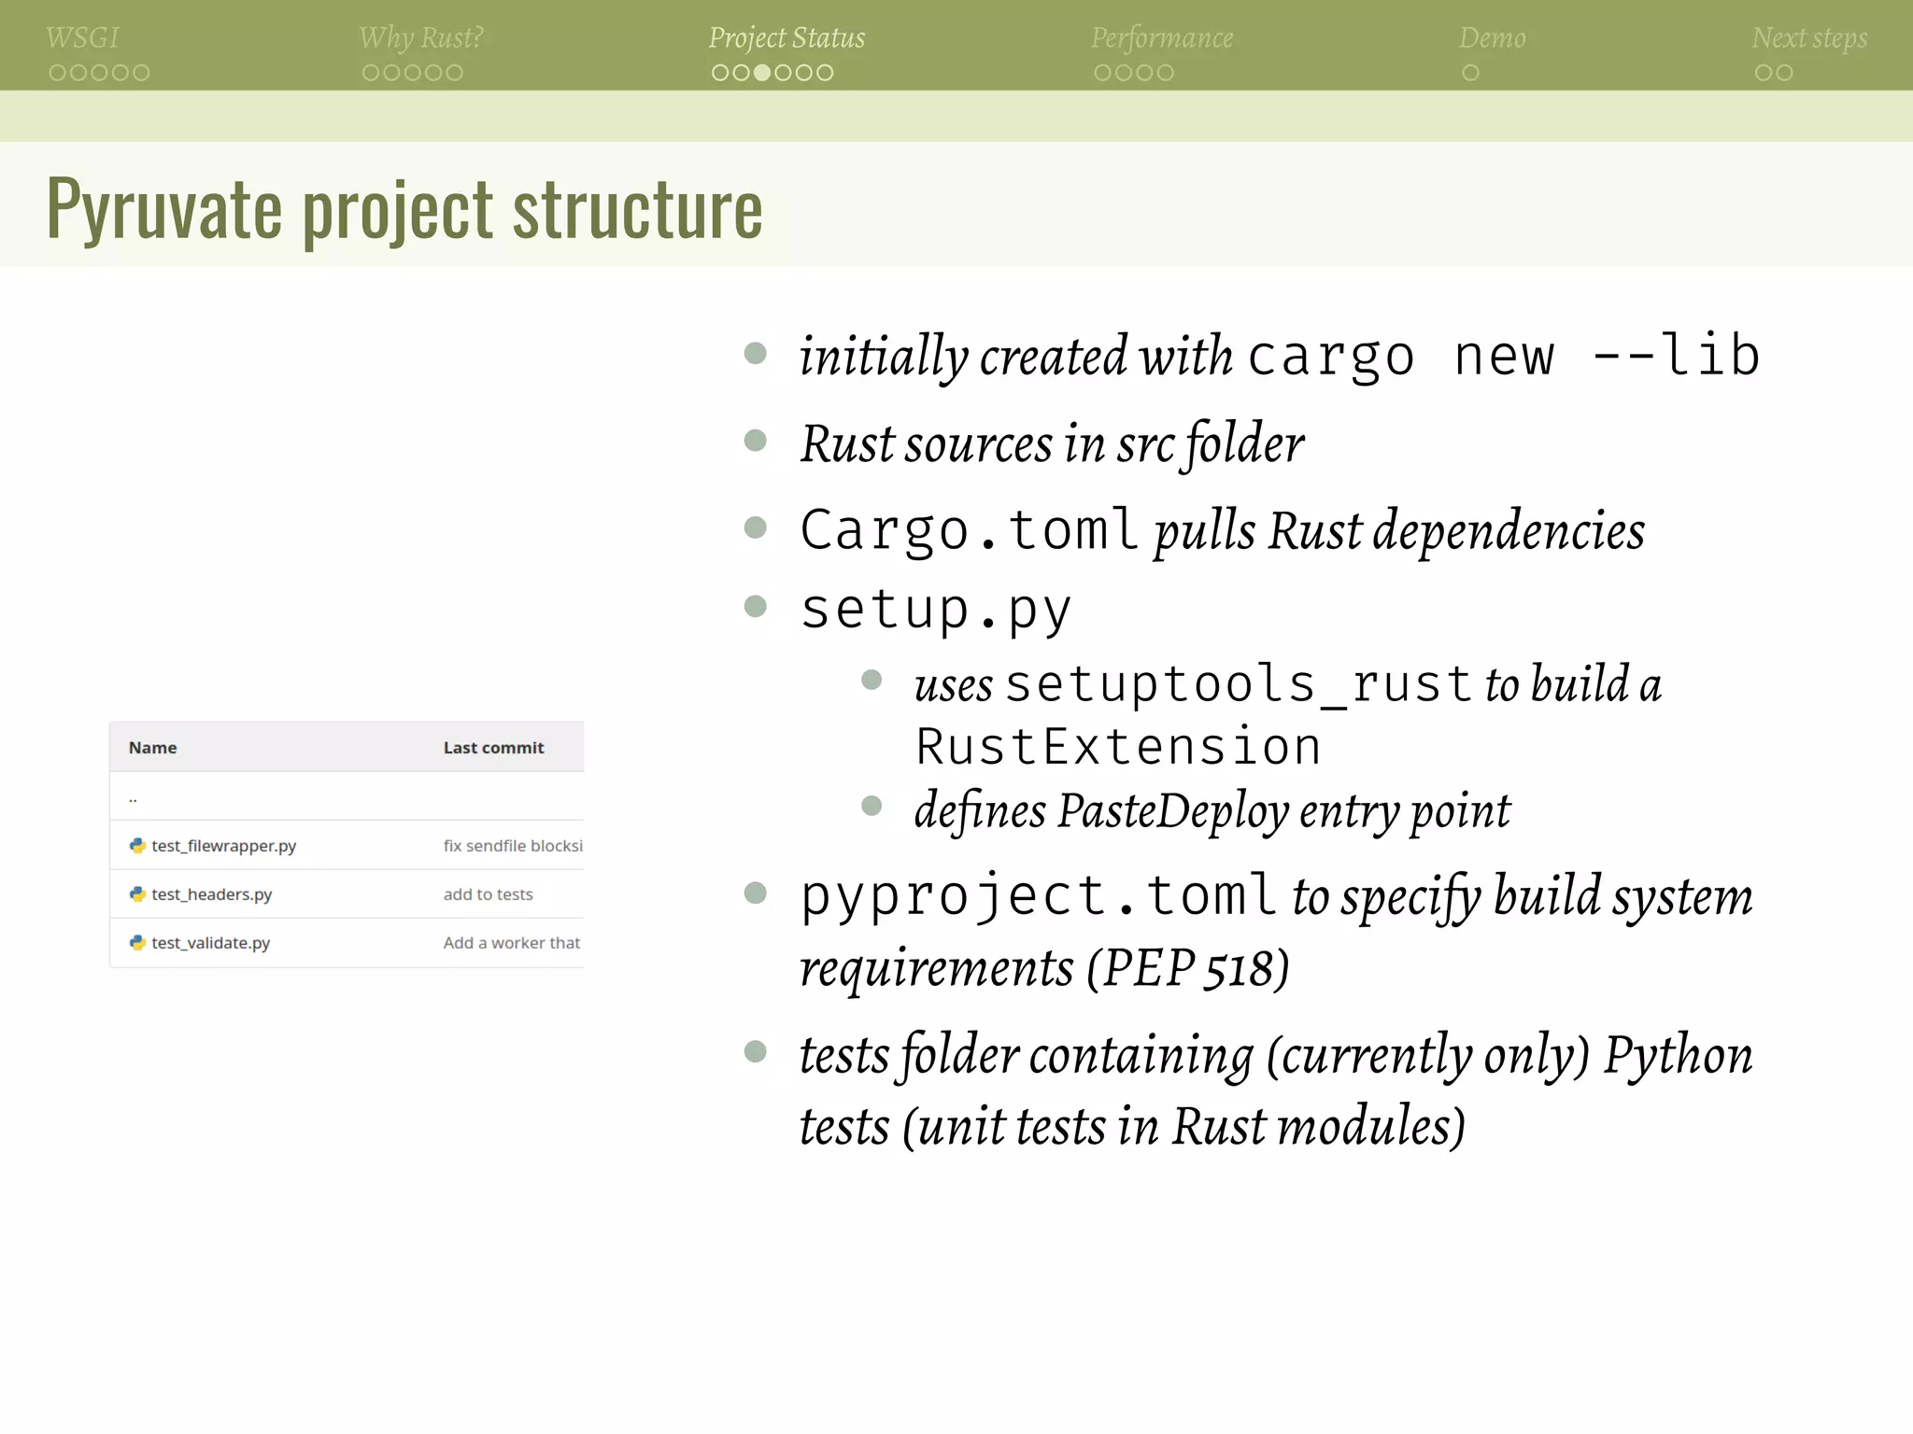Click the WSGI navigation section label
[x=82, y=38]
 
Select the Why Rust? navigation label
[x=420, y=38]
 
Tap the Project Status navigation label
[x=786, y=38]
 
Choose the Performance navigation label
[x=1162, y=38]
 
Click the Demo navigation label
[x=1492, y=38]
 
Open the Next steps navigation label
[x=1809, y=38]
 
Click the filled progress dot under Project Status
[x=762, y=73]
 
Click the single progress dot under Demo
[x=1470, y=73]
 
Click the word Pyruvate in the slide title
[x=164, y=209]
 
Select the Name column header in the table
[x=152, y=748]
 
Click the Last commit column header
[x=493, y=748]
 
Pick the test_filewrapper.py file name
[x=223, y=846]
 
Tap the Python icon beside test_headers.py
[x=137, y=894]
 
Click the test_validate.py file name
[x=210, y=943]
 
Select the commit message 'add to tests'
[x=488, y=894]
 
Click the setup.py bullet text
[x=936, y=610]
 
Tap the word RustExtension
[x=1118, y=747]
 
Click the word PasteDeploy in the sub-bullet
[x=1173, y=810]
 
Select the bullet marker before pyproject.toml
[x=755, y=893]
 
